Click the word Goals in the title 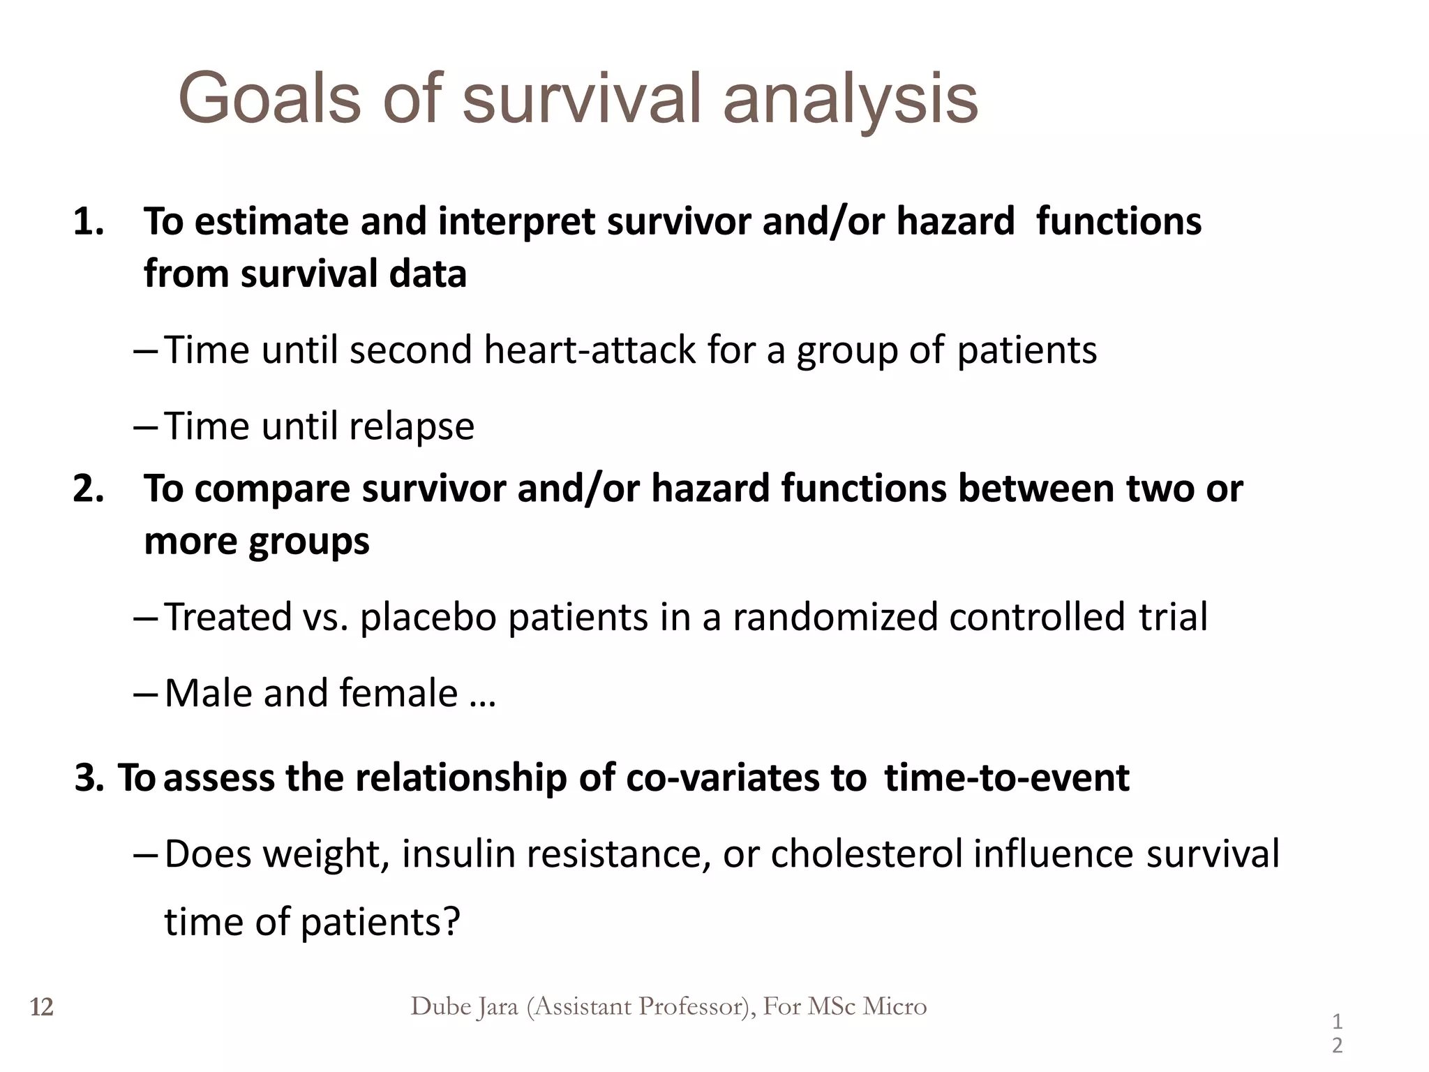click(269, 99)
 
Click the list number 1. click(88, 222)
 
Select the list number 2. click(88, 489)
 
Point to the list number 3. click(88, 777)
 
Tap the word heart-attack click(590, 350)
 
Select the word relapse click(411, 426)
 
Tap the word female click(398, 694)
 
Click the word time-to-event click(1006, 777)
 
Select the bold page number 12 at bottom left click(42, 1008)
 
